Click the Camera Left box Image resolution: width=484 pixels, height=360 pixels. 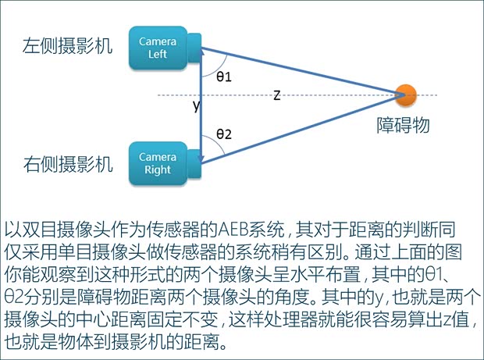(158, 46)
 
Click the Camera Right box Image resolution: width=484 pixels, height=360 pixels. (158, 162)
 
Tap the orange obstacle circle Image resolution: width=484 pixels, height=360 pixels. (405, 95)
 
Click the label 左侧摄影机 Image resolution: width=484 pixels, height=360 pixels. (67, 46)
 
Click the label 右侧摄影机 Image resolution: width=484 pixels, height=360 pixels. (67, 164)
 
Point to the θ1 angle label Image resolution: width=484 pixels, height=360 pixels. (224, 77)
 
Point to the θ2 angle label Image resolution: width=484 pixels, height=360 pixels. (224, 135)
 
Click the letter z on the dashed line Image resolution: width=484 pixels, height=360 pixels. (276, 95)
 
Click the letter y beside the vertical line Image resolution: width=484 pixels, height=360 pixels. (196, 106)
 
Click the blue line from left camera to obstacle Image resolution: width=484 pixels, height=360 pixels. (304, 72)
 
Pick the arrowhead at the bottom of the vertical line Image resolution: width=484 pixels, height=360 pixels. (202, 159)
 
